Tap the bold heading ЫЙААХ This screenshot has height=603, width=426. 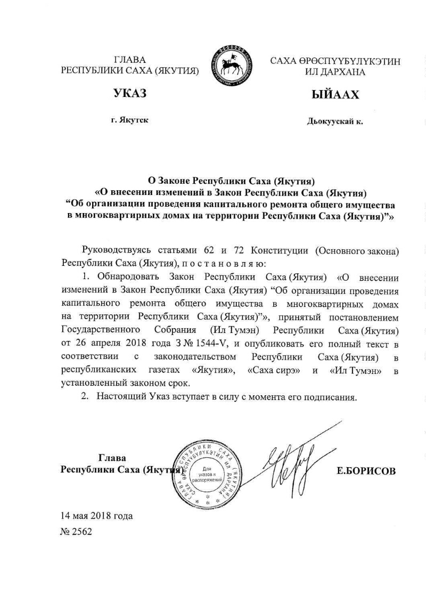(335, 95)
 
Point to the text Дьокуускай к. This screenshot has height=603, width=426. (335, 122)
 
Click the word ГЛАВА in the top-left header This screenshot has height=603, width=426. (130, 59)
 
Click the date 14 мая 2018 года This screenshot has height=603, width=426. (96, 516)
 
